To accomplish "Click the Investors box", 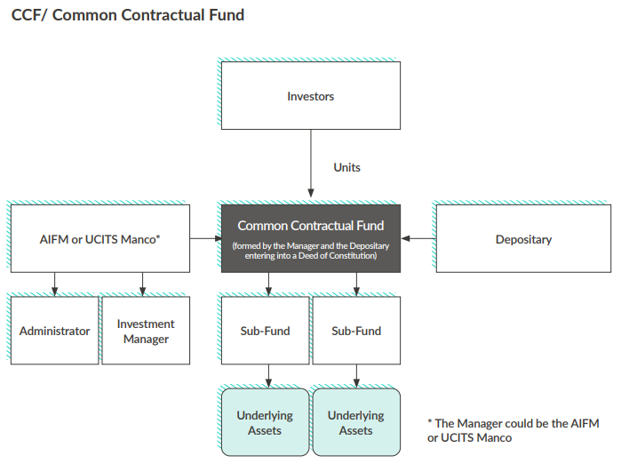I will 310,96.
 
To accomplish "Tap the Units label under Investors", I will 346,167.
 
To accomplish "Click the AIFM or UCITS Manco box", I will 100,239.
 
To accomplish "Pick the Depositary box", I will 523,239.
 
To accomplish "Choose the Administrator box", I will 55,331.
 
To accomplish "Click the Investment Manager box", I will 146,331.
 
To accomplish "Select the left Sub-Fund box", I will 266,331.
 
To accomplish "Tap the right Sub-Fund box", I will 356,331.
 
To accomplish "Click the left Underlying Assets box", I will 265,423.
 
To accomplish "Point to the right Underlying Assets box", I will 356,423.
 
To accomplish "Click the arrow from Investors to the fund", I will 311,164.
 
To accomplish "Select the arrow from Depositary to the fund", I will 418,239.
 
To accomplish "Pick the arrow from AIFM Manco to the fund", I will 205,239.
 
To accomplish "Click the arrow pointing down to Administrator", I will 55,284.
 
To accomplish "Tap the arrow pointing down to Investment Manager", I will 142,284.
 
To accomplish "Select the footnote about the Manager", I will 513,430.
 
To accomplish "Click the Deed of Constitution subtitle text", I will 310,251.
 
